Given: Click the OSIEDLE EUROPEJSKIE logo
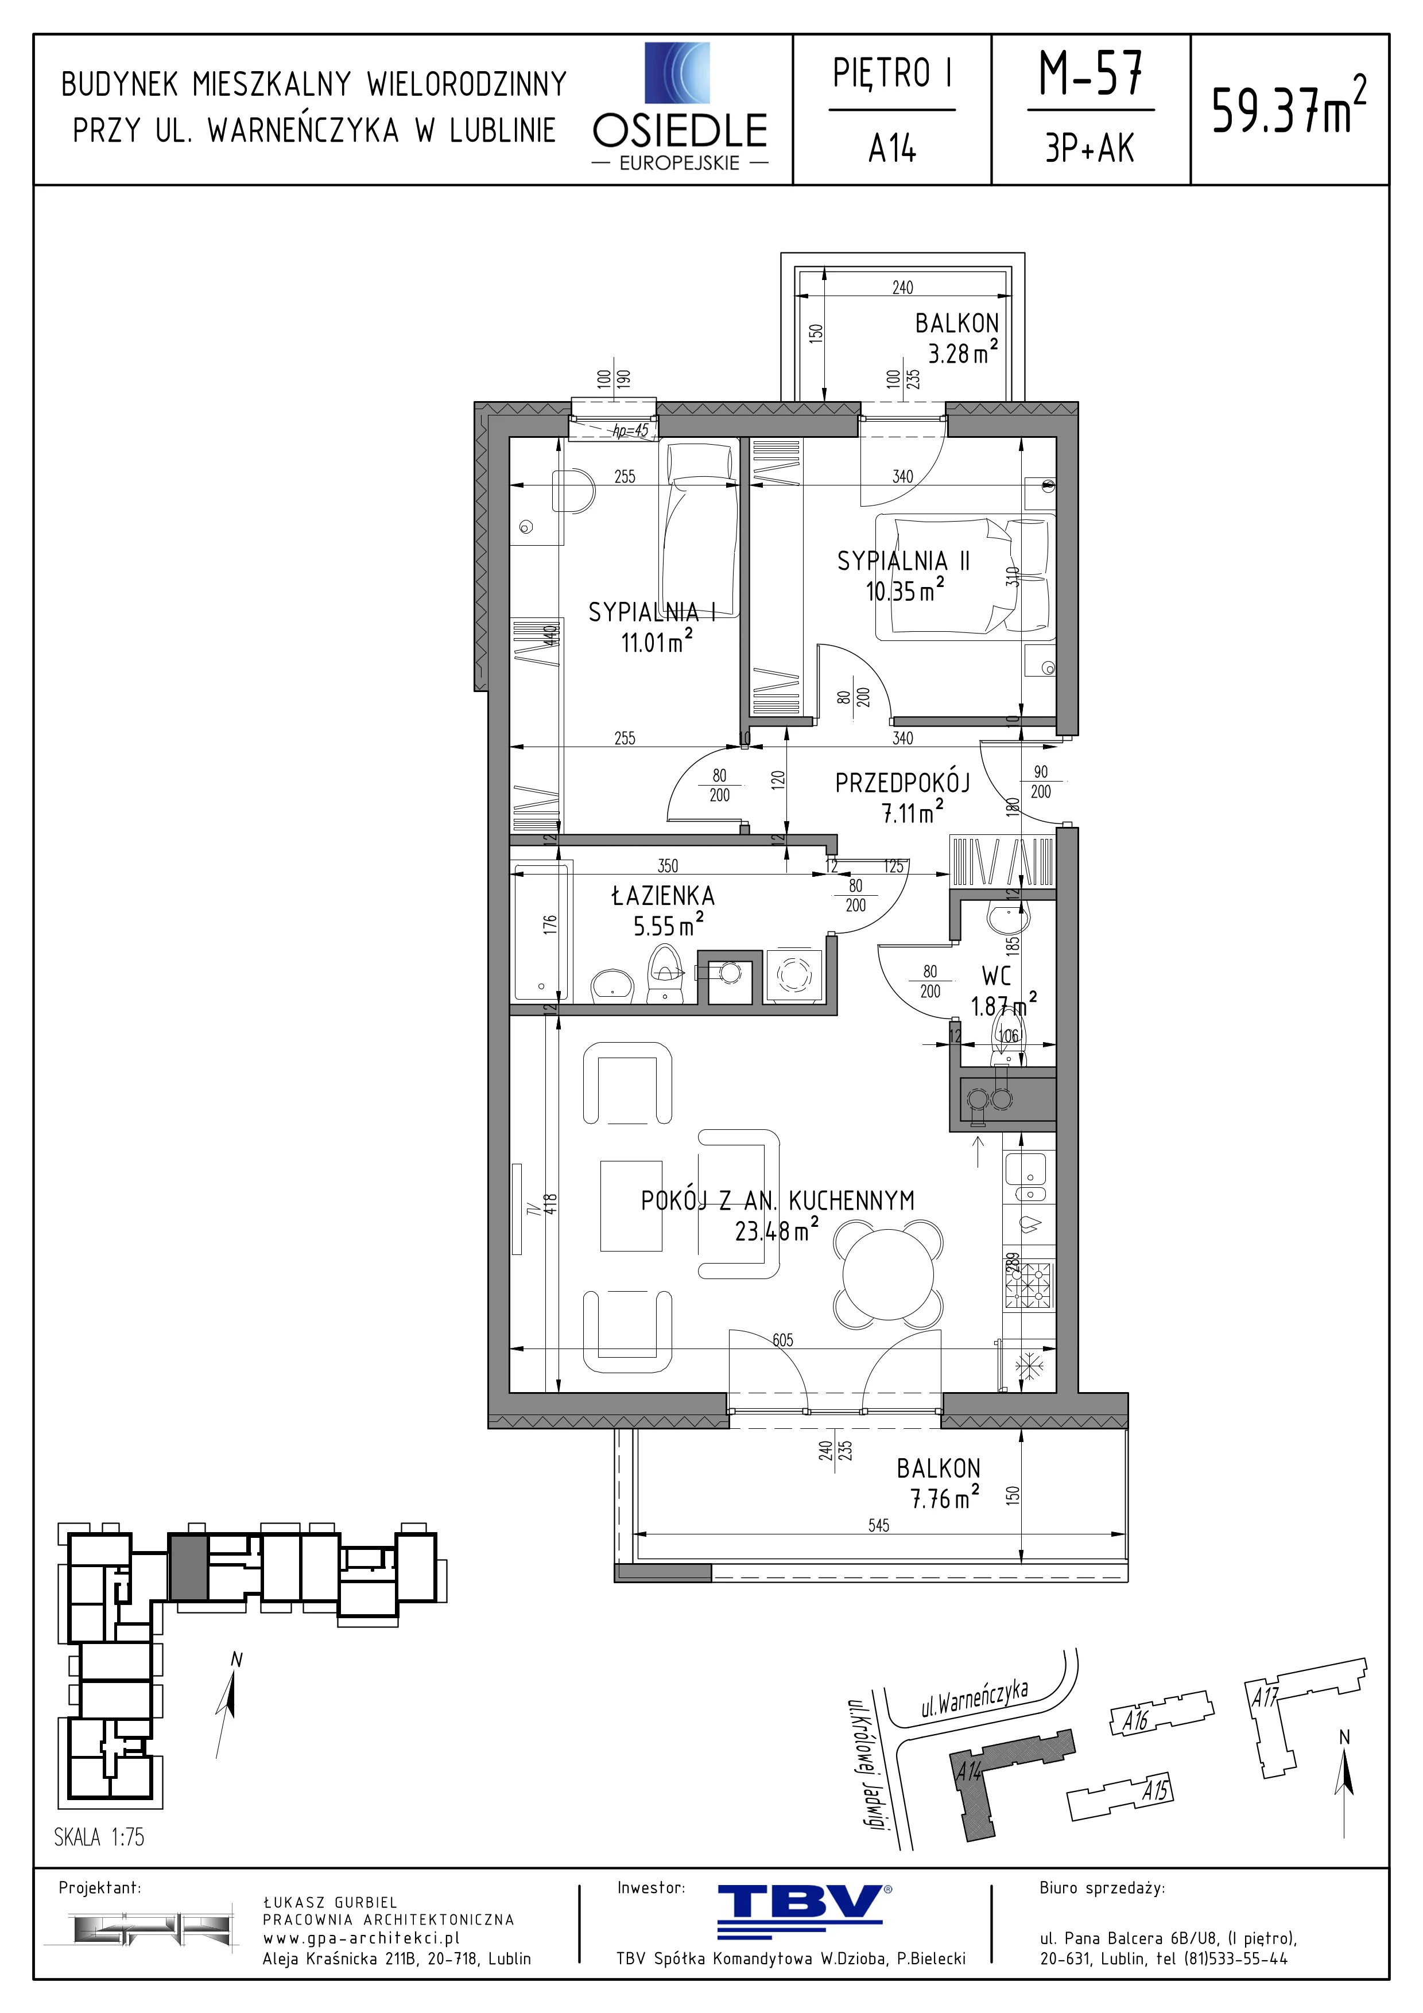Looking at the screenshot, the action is pos(680,107).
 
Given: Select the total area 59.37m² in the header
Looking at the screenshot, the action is pos(1288,106).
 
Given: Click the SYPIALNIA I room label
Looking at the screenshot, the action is pos(652,612).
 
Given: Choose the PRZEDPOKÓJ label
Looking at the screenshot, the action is pos(902,783).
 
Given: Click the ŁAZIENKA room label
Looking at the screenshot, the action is pos(663,896).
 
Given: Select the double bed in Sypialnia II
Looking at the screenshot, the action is pos(966,574).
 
